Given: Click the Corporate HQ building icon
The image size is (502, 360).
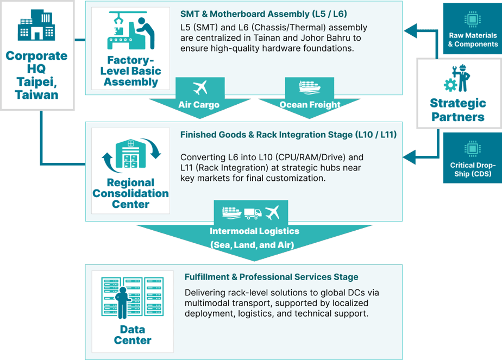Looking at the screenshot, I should (37, 26).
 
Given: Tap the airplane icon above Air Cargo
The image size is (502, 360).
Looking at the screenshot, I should (200, 88).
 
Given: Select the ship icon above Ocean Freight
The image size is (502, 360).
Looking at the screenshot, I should (310, 87).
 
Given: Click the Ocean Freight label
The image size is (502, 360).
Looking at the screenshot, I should (310, 105).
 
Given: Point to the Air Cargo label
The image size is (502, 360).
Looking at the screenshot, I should (199, 105).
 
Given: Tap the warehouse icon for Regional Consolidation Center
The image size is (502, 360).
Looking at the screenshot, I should (131, 155).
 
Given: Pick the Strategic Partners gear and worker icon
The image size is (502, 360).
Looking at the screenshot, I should (457, 78).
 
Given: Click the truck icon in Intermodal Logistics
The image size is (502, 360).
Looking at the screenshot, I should (253, 213).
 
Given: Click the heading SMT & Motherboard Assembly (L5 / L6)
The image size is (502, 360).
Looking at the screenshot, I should (263, 13).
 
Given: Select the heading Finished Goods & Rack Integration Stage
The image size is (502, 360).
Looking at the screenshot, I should (288, 134).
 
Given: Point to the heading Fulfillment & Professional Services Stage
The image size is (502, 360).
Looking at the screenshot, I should (271, 277).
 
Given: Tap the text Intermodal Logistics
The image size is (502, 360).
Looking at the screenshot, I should (254, 231).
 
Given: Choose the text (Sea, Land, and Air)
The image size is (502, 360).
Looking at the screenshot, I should (252, 245).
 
